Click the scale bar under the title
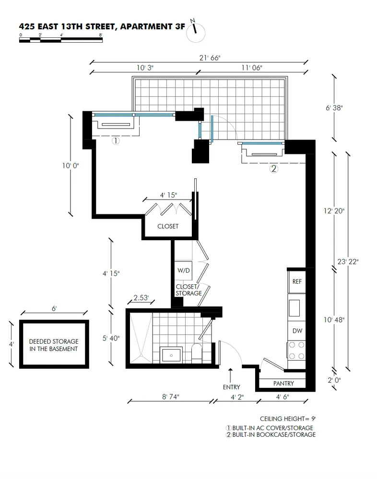(61, 40)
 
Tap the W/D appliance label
(184, 270)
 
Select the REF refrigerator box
(297, 281)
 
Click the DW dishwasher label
(297, 331)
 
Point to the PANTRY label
(283, 384)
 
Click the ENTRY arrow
(230, 375)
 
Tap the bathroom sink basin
(171, 355)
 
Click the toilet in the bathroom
(197, 353)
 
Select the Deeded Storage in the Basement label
(54, 345)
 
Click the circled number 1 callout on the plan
(116, 141)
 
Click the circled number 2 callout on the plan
(274, 169)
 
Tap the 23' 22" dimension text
(348, 262)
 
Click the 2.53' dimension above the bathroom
(141, 297)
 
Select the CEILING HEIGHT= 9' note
(288, 419)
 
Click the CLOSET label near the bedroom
(168, 226)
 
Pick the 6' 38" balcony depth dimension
(334, 107)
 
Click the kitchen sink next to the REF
(295, 308)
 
